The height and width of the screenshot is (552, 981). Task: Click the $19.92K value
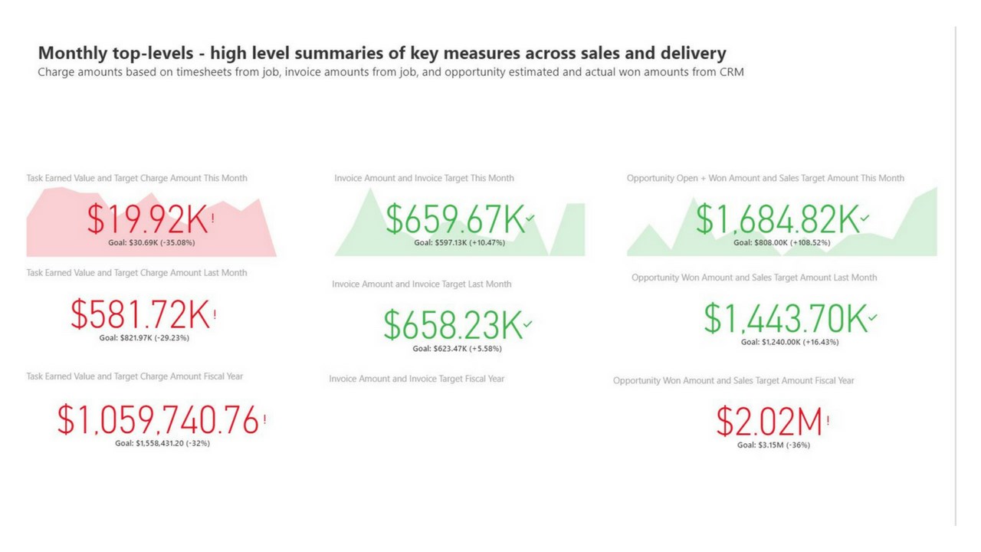click(146, 220)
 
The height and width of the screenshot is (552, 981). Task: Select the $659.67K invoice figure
click(454, 219)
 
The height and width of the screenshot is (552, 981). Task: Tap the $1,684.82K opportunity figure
click(776, 219)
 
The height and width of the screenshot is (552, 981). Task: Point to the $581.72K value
click(139, 315)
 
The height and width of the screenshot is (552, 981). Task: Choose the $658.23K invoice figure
click(453, 325)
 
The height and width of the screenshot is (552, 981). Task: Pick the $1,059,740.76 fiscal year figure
click(158, 421)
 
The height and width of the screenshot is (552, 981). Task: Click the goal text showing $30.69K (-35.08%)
click(152, 242)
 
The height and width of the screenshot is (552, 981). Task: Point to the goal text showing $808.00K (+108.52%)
click(782, 242)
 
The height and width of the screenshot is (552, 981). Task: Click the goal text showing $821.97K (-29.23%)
click(144, 337)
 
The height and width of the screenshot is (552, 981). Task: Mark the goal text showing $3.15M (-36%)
click(773, 445)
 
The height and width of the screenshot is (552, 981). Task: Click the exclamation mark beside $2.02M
click(828, 420)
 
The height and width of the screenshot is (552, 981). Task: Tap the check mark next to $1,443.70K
click(873, 317)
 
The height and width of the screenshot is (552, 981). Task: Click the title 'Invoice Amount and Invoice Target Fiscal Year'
click(417, 379)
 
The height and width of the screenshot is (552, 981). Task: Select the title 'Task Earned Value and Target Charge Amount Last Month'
click(136, 273)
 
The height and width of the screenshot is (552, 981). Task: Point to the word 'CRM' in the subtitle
click(730, 73)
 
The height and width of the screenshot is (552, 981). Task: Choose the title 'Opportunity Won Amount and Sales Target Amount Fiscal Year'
click(733, 380)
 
